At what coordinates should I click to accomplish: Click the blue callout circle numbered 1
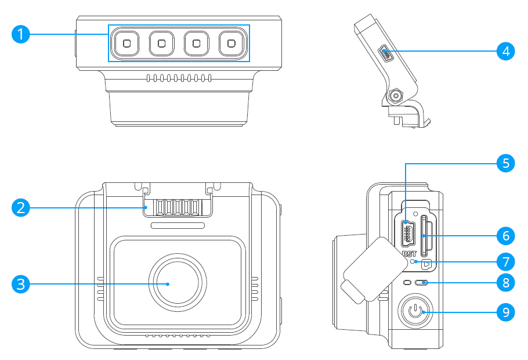point(21,34)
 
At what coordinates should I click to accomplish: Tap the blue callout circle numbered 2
point(21,207)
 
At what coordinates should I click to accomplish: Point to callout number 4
point(506,51)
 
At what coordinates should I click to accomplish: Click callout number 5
point(506,163)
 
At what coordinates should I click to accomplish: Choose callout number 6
point(506,236)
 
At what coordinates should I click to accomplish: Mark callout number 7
point(506,261)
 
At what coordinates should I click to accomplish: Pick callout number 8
point(506,283)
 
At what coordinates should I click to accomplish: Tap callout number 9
point(506,312)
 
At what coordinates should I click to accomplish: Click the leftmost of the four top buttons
point(126,43)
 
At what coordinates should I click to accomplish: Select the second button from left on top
point(162,43)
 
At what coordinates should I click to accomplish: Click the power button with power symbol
point(414,312)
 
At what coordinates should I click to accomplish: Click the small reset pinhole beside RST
point(413,262)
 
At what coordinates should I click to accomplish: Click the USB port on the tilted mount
point(385,54)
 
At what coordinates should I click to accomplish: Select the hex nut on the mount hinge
point(396,95)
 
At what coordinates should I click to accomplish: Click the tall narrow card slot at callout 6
point(425,236)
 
